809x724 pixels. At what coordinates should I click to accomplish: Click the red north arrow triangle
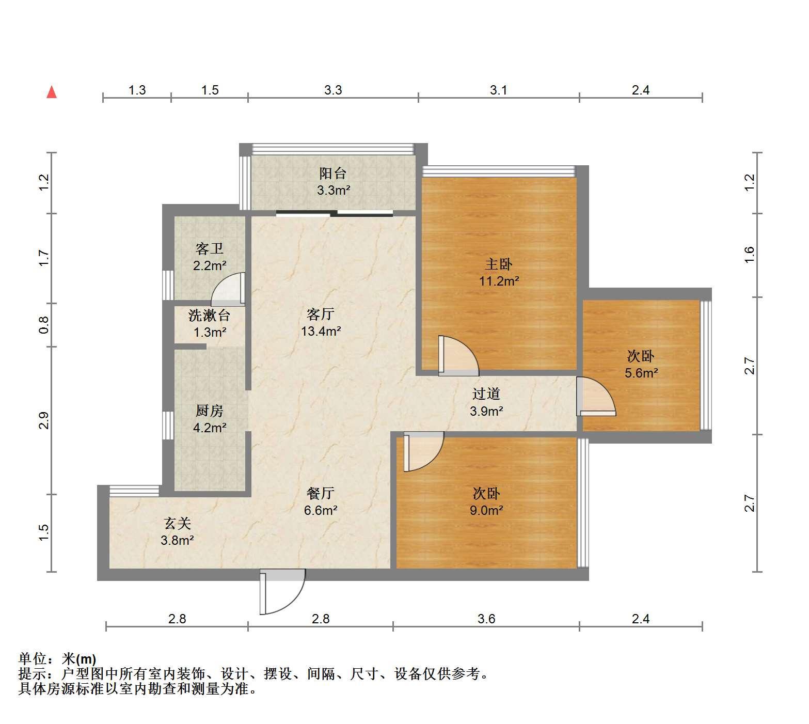pos(52,92)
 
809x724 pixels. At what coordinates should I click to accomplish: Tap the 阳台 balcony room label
pos(333,174)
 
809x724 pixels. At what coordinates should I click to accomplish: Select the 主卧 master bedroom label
pos(499,264)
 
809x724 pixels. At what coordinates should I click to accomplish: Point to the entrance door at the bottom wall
pos(282,591)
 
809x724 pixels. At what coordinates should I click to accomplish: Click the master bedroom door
pos(458,356)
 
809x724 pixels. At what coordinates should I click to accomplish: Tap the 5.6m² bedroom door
pos(596,396)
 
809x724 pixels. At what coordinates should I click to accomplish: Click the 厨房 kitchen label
pos(210,411)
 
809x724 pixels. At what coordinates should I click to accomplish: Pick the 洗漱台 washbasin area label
pos(209,315)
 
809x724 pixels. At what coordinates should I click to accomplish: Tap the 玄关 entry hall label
pos(178,524)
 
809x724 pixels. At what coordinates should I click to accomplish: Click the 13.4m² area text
pos(321,331)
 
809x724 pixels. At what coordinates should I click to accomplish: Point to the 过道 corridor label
pos(486,394)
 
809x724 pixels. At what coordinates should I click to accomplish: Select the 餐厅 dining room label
pos(320,493)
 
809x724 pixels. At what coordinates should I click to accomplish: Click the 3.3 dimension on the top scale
pos(333,90)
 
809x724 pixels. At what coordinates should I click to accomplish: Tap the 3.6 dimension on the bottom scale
pos(486,619)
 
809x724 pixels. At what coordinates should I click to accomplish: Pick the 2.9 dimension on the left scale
pos(44,420)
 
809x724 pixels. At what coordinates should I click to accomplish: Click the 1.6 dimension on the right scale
pos(750,254)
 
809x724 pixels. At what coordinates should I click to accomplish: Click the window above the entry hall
pos(134,491)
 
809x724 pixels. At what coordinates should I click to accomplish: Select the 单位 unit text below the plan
pos(33,659)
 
